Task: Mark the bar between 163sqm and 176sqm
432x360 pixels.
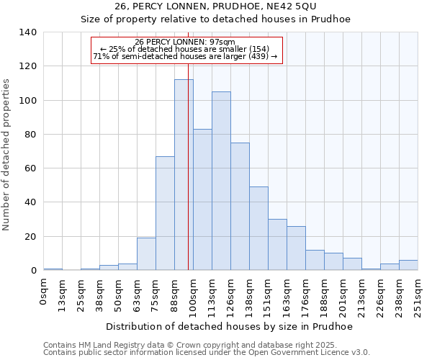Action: coord(296,248)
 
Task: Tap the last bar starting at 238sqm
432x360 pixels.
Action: coord(408,265)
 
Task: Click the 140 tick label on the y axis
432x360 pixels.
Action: coord(28,32)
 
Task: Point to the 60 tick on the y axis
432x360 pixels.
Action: coord(31,168)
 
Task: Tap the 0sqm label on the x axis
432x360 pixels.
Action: coord(44,291)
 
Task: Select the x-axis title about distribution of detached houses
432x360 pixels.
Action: coord(229,326)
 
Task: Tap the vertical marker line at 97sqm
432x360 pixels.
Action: coord(188,180)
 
